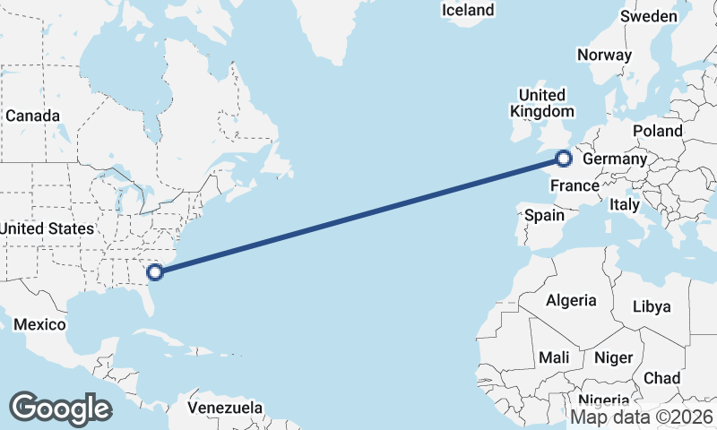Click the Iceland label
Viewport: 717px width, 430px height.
(x=468, y=10)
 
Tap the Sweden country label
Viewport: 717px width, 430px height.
(x=649, y=17)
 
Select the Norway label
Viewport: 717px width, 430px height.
(x=604, y=55)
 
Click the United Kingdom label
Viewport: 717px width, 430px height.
(x=541, y=103)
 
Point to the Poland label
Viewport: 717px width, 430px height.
(x=657, y=131)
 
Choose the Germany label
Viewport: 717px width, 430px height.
(x=614, y=159)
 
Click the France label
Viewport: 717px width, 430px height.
(x=574, y=186)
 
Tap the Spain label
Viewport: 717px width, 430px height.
(x=544, y=215)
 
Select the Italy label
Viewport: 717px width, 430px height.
(x=624, y=205)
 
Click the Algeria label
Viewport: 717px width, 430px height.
(x=571, y=300)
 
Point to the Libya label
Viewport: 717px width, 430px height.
(x=652, y=306)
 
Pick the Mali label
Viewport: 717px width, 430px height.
(x=554, y=357)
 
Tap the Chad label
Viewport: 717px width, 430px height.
(x=661, y=378)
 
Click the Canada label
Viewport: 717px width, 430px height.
(x=32, y=116)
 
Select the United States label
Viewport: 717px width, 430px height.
(x=47, y=229)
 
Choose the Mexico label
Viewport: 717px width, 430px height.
(x=39, y=323)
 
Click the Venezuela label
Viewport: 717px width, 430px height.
(x=226, y=408)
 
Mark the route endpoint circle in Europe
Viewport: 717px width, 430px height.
(x=563, y=159)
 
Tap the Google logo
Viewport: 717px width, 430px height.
(x=60, y=408)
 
